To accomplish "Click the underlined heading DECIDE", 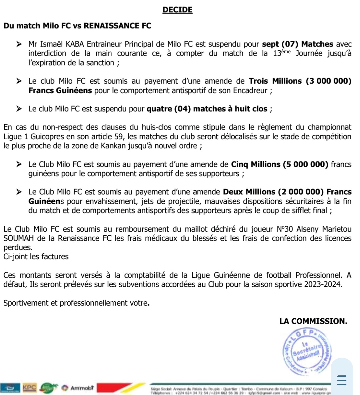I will click(x=177, y=10).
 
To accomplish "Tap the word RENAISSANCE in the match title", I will click(x=112, y=26).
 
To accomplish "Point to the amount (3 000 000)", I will click(x=328, y=81).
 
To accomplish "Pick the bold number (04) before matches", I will click(x=182, y=109).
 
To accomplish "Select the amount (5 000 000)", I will click(x=305, y=164).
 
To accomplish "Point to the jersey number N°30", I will click(x=285, y=229).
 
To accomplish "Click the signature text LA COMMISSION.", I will click(x=313, y=321).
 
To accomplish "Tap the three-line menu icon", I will click(x=342, y=380).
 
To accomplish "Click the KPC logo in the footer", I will click(x=29, y=387).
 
